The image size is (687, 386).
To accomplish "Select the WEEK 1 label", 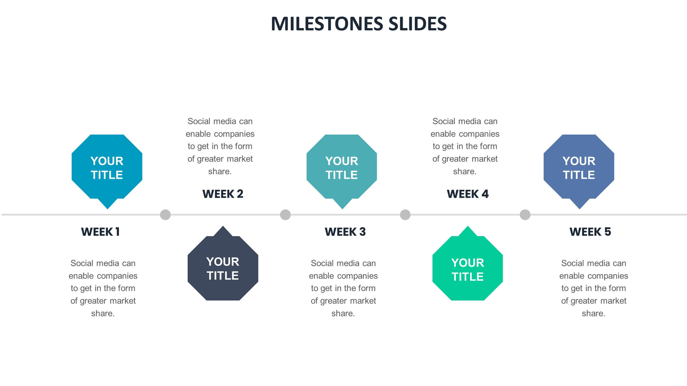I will click(100, 232).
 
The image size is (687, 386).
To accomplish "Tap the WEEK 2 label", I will click(223, 194).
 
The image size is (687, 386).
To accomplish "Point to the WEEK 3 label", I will click(345, 232).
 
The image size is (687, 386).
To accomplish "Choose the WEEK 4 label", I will click(467, 194).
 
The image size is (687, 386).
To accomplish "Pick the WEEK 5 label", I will click(590, 232).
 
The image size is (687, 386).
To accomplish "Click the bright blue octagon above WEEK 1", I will click(107, 168).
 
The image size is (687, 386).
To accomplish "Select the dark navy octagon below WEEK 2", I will click(223, 268).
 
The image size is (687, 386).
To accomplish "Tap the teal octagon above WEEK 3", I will click(342, 168).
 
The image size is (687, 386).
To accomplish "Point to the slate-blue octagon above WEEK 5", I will click(579, 168).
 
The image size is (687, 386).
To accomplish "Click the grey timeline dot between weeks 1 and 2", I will click(165, 215).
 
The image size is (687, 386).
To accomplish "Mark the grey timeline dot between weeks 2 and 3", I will click(285, 215).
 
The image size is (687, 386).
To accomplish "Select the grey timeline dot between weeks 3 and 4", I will click(405, 215).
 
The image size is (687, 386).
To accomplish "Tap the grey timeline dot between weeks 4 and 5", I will click(525, 215).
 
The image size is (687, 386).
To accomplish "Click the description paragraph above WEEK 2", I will click(220, 146).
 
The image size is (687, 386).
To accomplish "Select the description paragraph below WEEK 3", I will click(343, 288).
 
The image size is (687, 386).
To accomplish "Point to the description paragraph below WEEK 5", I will click(594, 288).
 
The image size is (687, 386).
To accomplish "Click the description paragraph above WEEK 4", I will click(465, 146).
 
